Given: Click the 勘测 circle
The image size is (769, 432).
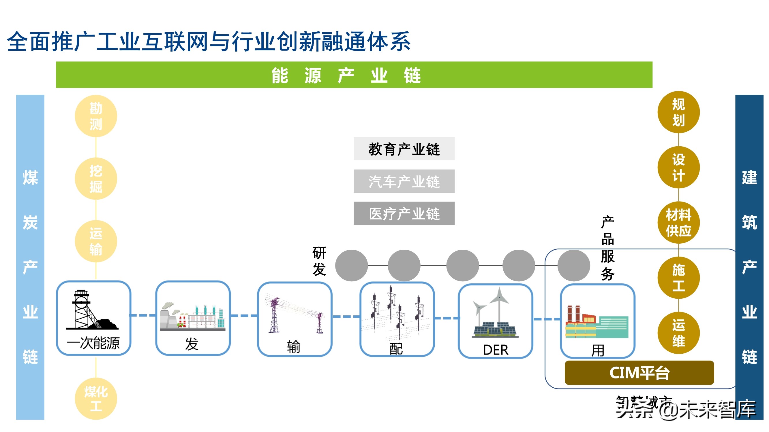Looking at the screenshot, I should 96,116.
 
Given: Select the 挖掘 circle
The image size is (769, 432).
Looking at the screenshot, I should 96,179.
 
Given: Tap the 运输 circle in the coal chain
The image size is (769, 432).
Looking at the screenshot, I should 96,241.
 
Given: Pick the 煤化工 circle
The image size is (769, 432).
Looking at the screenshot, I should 96,399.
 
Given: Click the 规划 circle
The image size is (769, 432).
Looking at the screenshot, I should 678,112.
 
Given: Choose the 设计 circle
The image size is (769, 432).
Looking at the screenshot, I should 678,167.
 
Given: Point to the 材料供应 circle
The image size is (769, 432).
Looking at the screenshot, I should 678,222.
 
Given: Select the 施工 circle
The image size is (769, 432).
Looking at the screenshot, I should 678,278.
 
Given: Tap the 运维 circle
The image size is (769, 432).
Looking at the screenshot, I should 678,333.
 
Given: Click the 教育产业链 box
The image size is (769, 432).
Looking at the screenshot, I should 404,149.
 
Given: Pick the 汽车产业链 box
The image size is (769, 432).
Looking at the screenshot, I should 404,181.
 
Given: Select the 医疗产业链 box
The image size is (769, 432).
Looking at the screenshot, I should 404,213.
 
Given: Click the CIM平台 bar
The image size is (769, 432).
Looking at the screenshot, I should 639,373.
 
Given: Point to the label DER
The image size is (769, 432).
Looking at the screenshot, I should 496,350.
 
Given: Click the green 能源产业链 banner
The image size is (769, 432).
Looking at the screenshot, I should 354,75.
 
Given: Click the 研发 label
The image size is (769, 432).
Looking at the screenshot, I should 319,261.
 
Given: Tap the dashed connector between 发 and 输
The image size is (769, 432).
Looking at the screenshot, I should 244,315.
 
